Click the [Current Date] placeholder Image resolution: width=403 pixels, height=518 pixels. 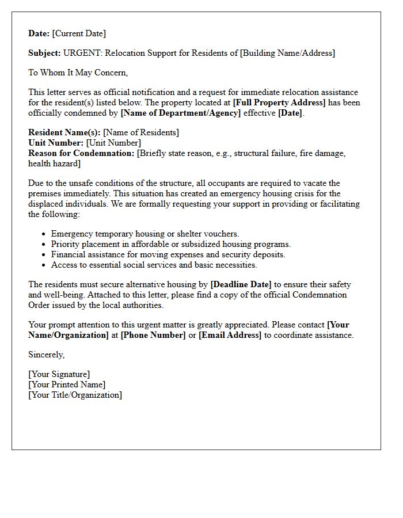tap(79, 33)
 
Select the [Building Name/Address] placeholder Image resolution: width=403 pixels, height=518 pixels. tap(287, 53)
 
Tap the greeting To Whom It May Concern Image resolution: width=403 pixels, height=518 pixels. tap(78, 73)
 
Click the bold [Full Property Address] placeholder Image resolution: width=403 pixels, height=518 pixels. tap(279, 102)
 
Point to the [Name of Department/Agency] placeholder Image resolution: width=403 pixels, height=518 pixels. tap(181, 113)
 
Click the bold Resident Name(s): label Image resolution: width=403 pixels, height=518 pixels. tap(64, 132)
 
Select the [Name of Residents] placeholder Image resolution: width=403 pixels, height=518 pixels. tap(141, 132)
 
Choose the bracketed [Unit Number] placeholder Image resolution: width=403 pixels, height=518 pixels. tap(113, 143)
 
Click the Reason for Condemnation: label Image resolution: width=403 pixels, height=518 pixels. tap(81, 153)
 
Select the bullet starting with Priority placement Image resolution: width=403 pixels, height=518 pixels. tap(171, 244)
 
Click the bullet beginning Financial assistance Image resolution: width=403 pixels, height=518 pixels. tap(168, 254)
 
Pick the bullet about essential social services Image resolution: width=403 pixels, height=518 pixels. tap(154, 265)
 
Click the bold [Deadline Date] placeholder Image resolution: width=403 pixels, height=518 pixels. tap(241, 284)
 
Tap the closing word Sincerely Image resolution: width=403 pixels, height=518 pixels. tap(47, 355)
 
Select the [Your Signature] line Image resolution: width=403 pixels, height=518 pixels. tap(59, 374)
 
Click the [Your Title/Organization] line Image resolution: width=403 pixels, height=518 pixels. tap(75, 395)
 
